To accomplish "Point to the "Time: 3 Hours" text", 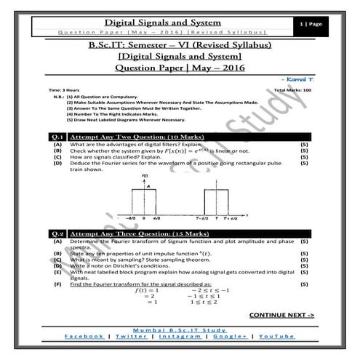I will [x=64, y=89].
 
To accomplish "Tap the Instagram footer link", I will [x=181, y=337].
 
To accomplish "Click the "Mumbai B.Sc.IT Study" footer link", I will [x=181, y=329].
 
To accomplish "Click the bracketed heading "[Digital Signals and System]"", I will [x=180, y=56].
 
